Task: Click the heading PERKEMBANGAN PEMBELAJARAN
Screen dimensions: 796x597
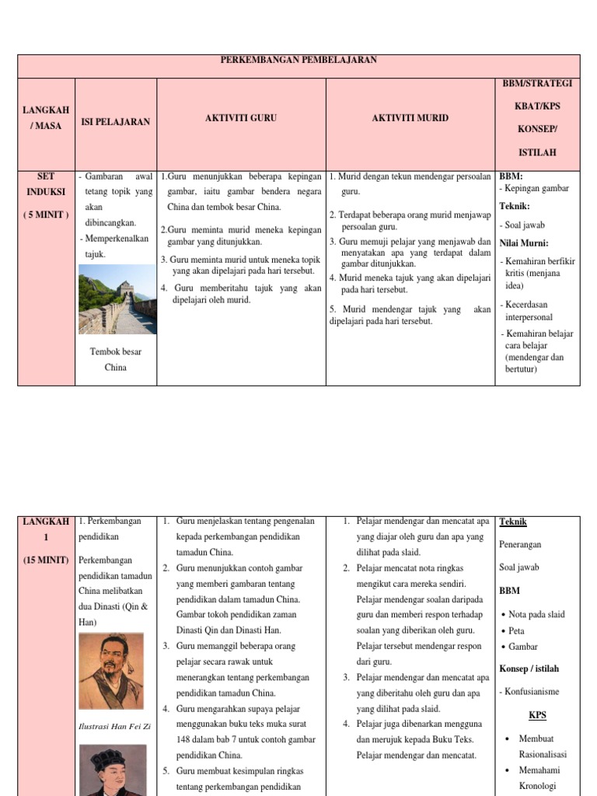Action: pos(298,61)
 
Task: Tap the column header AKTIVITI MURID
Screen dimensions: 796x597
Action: pos(410,118)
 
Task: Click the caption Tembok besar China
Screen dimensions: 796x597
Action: pos(116,359)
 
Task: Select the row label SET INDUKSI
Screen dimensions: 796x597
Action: pos(47,183)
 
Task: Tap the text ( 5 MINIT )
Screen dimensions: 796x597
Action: pos(47,215)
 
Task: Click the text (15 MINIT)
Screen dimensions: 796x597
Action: pos(47,560)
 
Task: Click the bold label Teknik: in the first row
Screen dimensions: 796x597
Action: pos(514,207)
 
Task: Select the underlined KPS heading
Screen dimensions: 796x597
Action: pos(538,714)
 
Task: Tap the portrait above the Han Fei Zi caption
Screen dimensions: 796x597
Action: pos(111,660)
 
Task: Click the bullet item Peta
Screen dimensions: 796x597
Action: pos(518,630)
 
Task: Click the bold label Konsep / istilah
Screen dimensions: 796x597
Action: pos(529,669)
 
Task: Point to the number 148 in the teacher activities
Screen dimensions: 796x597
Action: pos(187,739)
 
